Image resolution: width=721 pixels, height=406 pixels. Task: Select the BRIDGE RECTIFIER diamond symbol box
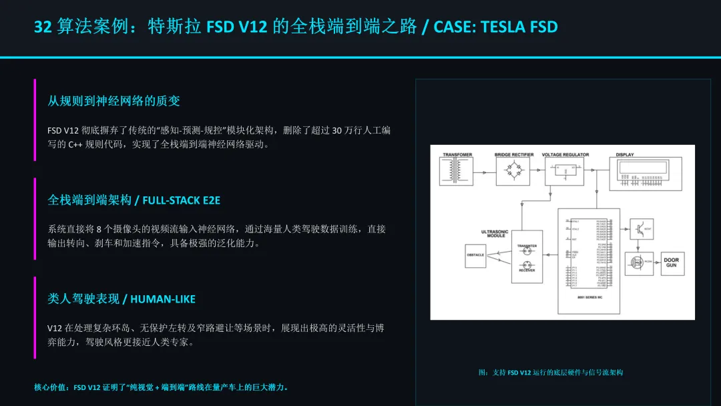pyautogui.click(x=513, y=172)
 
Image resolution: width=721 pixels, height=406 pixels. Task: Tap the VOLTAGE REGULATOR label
pyautogui.click(x=565, y=155)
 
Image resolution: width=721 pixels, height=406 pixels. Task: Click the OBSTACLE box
pyautogui.click(x=475, y=256)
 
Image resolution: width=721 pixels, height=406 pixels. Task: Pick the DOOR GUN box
pyautogui.click(x=671, y=262)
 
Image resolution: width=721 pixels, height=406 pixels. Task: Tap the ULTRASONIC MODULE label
pyautogui.click(x=494, y=234)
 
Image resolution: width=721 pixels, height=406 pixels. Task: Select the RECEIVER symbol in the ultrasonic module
pyautogui.click(x=527, y=264)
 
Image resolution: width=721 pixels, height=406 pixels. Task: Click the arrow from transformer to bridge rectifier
pyautogui.click(x=485, y=172)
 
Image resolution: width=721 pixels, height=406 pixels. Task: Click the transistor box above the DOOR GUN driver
pyautogui.click(x=638, y=230)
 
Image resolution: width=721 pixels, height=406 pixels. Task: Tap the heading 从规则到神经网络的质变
pyautogui.click(x=113, y=101)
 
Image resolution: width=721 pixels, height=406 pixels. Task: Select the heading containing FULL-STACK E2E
pyautogui.click(x=134, y=200)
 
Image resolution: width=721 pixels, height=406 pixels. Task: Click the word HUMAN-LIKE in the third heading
pyautogui.click(x=163, y=298)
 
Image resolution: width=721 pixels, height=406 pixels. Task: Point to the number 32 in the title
pyautogui.click(x=43, y=27)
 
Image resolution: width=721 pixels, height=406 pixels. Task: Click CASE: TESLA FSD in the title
pyautogui.click(x=495, y=27)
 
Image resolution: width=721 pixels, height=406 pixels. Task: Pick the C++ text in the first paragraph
pyautogui.click(x=75, y=144)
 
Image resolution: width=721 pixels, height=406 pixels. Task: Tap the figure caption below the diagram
pyautogui.click(x=551, y=373)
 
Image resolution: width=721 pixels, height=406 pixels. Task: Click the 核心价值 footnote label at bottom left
pyautogui.click(x=51, y=387)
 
